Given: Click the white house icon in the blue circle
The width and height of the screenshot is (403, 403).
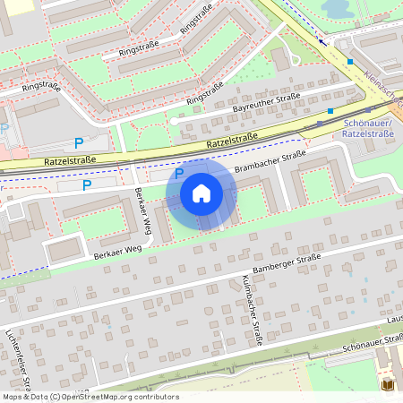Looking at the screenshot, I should pyautogui.click(x=201, y=193).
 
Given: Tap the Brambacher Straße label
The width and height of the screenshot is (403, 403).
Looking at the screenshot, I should pyautogui.click(x=270, y=164).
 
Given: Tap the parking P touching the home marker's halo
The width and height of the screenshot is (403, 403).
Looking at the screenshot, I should pyautogui.click(x=179, y=174).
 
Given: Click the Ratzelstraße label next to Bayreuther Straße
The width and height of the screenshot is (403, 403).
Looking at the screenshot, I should pyautogui.click(x=232, y=139).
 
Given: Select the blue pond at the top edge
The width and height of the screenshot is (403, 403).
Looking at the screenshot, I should pyautogui.click(x=335, y=8).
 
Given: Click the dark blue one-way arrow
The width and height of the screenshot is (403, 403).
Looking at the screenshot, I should pyautogui.click(x=322, y=40).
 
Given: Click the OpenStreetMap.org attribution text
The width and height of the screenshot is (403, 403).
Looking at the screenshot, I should pyautogui.click(x=120, y=397).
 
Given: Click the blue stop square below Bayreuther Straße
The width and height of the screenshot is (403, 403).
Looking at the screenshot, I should pyautogui.click(x=330, y=111).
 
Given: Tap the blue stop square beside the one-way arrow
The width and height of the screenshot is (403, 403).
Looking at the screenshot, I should pyautogui.click(x=351, y=61).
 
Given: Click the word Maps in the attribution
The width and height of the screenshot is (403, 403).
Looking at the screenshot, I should pyautogui.click(x=13, y=397).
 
